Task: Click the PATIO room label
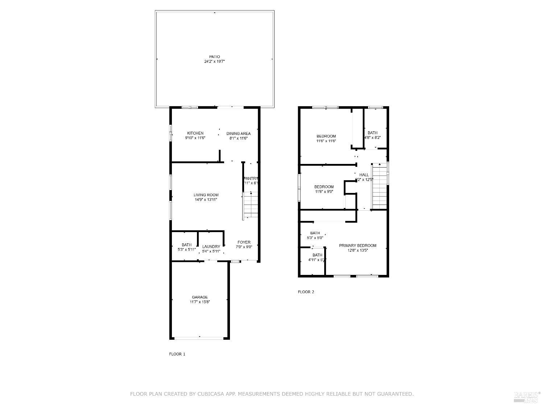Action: click(x=214, y=57)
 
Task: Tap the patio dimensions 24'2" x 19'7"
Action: click(x=214, y=62)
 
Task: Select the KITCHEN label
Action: click(x=195, y=133)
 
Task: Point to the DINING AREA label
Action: click(x=238, y=133)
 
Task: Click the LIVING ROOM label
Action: click(x=206, y=195)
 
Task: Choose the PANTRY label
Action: click(x=251, y=178)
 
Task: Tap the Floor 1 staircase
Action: click(x=251, y=205)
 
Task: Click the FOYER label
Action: click(x=244, y=242)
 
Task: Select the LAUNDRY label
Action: click(x=211, y=247)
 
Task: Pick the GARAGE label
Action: click(x=200, y=297)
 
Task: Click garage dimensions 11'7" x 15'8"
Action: click(x=200, y=302)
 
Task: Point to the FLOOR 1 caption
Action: click(x=177, y=354)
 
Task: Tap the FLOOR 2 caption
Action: click(x=306, y=292)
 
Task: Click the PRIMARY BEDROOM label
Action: click(x=358, y=246)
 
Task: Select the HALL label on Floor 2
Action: click(x=364, y=175)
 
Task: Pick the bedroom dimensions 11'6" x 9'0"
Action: click(x=324, y=191)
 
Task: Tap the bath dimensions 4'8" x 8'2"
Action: click(x=372, y=137)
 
